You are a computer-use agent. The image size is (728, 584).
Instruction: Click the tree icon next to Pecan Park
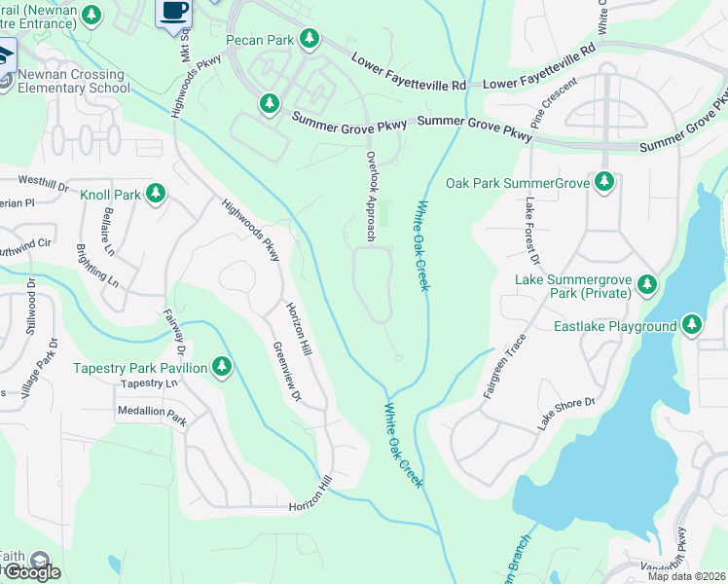(309, 39)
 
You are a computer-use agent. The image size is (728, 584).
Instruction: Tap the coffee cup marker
(174, 12)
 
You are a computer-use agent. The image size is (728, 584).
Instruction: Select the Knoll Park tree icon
(155, 195)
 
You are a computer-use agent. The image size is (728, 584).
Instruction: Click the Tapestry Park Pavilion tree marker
(223, 367)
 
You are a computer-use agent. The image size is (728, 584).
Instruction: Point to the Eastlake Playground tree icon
(692, 325)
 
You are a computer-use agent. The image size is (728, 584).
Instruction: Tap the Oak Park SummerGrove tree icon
(604, 182)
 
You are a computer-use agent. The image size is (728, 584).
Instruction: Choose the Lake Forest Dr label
(531, 231)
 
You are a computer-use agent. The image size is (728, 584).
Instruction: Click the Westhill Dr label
(44, 181)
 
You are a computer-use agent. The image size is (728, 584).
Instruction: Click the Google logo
(32, 572)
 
